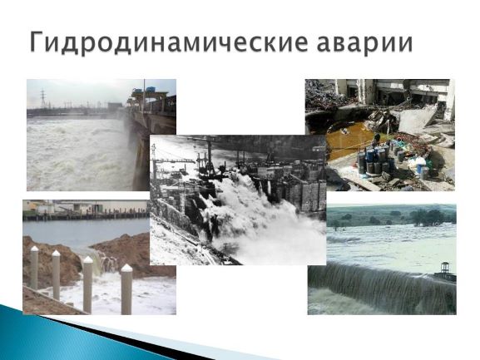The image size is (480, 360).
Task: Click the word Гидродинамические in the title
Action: pyautogui.click(x=169, y=42)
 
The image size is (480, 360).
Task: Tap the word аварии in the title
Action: pyautogui.click(x=365, y=43)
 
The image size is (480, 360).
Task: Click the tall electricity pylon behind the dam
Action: pyautogui.click(x=43, y=99)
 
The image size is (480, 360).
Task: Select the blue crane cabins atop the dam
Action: pyautogui.click(x=145, y=91)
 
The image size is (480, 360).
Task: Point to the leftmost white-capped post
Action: pyautogui.click(x=34, y=268)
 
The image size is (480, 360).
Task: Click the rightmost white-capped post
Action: pyautogui.click(x=126, y=289)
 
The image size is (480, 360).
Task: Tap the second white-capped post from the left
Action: pyautogui.click(x=56, y=274)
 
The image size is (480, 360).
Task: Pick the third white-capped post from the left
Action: pyautogui.click(x=87, y=284)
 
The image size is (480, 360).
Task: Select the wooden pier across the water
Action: pyautogui.click(x=86, y=215)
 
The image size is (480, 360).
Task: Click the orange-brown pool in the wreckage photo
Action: pyautogui.click(x=349, y=139)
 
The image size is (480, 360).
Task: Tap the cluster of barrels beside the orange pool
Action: pyautogui.click(x=374, y=159)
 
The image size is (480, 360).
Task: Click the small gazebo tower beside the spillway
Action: pyautogui.click(x=445, y=270)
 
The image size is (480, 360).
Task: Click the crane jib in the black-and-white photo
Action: pyautogui.click(x=175, y=160)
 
